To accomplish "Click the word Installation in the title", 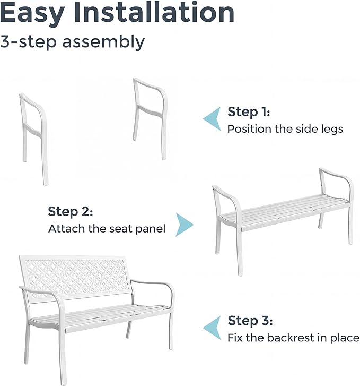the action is coord(154,12).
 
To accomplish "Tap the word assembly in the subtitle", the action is coord(103,42).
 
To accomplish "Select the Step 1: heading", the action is coord(249,112).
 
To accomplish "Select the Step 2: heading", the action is coord(71,211).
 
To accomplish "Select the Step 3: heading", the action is coord(250,321).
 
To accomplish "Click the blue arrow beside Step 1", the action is coord(213,119).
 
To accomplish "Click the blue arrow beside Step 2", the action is coord(184,225).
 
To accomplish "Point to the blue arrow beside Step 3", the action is coord(213,328).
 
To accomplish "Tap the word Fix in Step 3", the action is coord(235,338).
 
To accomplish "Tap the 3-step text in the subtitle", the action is coord(29,42).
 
